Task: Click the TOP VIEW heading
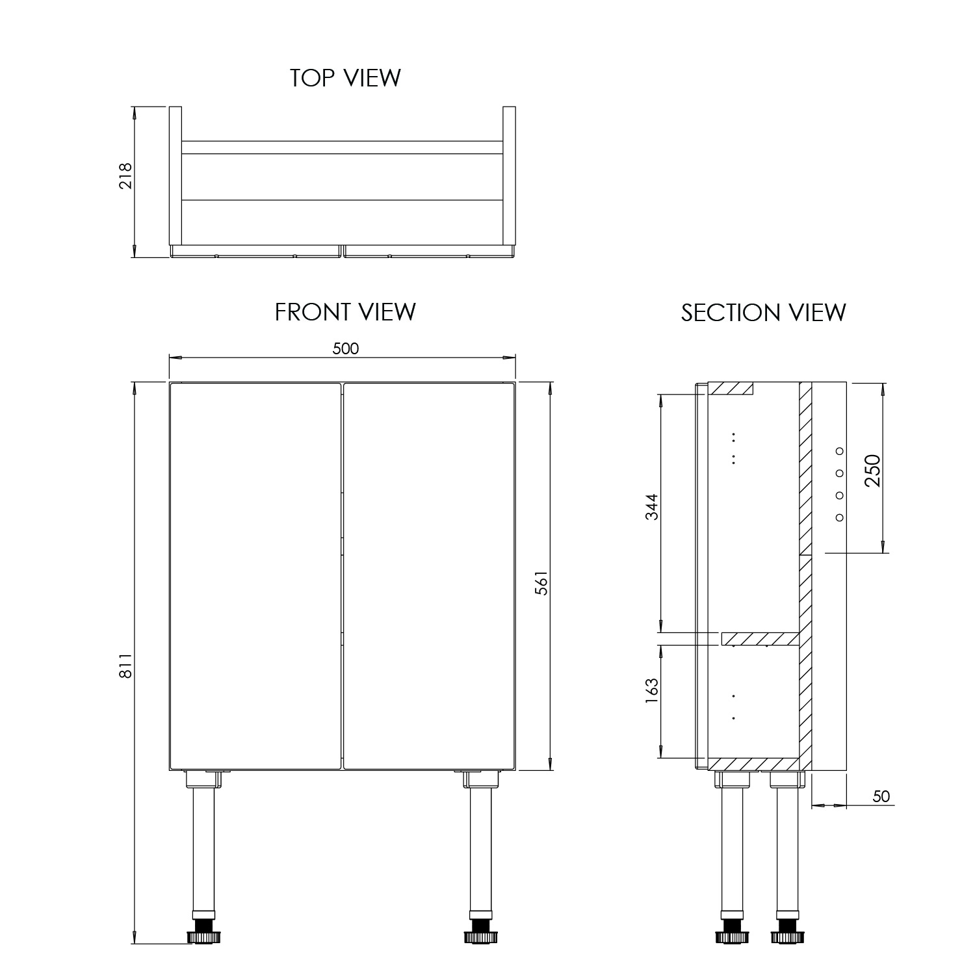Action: tap(345, 77)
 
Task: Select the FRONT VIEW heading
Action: tap(345, 312)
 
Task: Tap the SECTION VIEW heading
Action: tap(763, 313)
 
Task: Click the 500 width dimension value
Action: tap(345, 349)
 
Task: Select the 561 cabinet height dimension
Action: tap(543, 583)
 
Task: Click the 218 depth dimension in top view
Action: tap(125, 175)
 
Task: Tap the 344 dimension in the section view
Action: tap(652, 507)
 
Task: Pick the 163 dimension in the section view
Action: tap(652, 696)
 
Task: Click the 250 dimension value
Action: tap(872, 472)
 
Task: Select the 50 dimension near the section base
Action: tap(881, 796)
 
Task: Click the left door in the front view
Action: tap(255, 576)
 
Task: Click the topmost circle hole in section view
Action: tap(839, 451)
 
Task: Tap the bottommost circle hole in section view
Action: tap(839, 517)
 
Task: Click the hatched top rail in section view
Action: tap(730, 388)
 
